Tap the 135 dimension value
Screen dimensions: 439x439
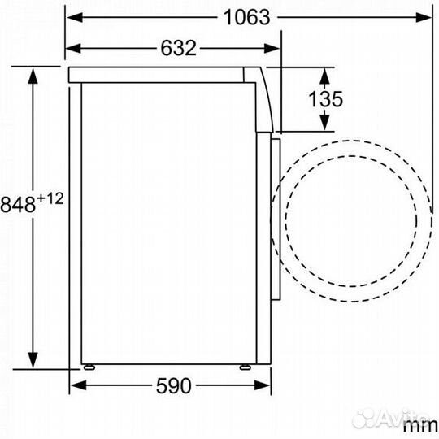point(324,99)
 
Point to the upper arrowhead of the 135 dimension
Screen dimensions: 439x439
point(324,75)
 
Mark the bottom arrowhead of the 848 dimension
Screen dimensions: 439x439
point(33,363)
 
